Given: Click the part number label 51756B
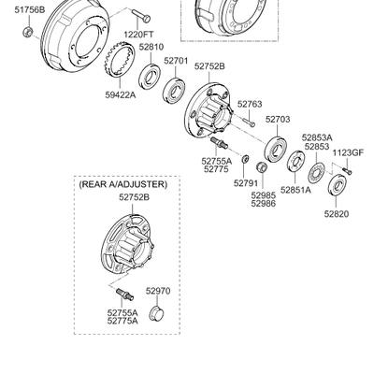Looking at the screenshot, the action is [30, 10].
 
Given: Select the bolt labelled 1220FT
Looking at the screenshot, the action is [141, 16].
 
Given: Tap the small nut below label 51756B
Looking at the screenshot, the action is [28, 32].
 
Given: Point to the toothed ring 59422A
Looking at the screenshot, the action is [119, 61].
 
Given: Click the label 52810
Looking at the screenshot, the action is [151, 47].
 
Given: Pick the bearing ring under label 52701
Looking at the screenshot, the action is [175, 91].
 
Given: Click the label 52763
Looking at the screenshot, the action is [250, 104].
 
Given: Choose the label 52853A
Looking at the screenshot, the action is [317, 137].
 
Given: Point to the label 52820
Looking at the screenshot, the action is [337, 214].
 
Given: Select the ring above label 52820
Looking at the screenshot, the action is [338, 186].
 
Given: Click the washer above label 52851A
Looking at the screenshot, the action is [295, 161].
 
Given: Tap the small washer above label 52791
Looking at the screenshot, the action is [245, 159].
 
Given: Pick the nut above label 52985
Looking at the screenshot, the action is [261, 167].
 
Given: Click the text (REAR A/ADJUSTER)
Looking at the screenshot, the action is [123, 184].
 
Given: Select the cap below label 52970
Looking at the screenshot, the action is [157, 313].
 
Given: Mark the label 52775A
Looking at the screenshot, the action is [122, 321].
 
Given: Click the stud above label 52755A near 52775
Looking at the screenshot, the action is [220, 143].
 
